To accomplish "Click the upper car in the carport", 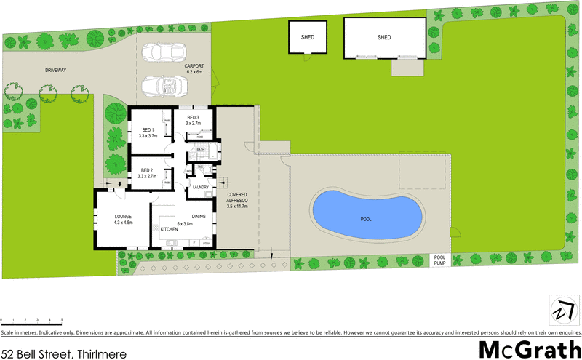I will point(164,54).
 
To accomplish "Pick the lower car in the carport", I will point(164,85).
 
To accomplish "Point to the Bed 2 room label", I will point(147,173).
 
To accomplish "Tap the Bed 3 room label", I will point(193,121).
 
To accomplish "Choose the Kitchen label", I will point(170,230).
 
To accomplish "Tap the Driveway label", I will point(55,70).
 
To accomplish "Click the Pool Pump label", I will point(440,260).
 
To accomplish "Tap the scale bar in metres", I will point(31,320).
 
